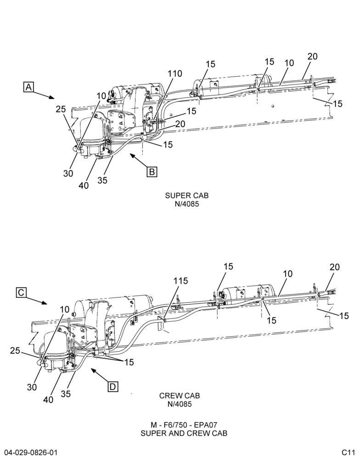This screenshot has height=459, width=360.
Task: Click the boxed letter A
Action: click(28, 87)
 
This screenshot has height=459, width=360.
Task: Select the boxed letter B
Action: click(152, 172)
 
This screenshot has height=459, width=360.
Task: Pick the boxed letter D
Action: click(113, 386)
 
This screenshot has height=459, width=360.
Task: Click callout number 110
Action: click(174, 74)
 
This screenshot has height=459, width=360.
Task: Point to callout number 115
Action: click(180, 281)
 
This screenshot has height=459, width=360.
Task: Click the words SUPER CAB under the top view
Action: click(186, 195)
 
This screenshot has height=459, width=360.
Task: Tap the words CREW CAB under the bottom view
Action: click(180, 396)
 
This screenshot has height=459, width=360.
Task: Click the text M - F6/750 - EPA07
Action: click(184, 425)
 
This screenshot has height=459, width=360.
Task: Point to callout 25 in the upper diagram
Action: click(61, 109)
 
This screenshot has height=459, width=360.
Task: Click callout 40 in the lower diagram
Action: click(48, 399)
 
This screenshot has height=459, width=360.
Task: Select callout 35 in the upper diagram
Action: click(102, 180)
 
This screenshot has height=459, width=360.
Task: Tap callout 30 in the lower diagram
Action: click(32, 387)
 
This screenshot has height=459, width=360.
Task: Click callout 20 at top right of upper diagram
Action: click(312, 56)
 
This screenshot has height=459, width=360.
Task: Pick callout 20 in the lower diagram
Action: click(335, 267)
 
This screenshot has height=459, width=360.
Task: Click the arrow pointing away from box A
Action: click(44, 95)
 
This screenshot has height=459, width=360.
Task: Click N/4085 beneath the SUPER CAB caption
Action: click(186, 204)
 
